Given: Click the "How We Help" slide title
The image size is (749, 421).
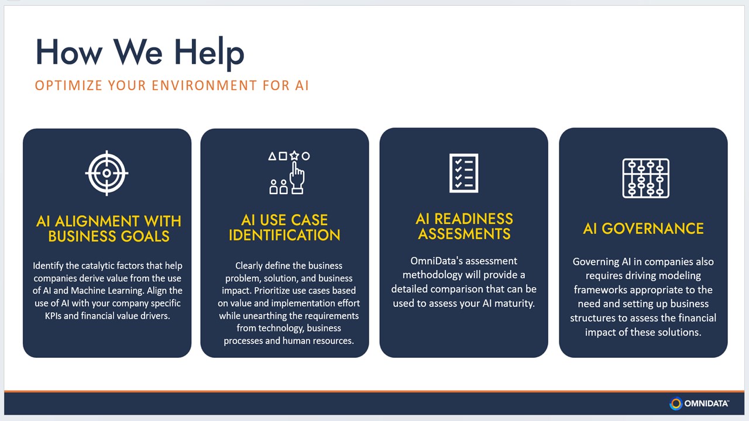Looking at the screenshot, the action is [140, 53].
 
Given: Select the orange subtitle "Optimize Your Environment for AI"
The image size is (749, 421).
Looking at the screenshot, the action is [172, 85].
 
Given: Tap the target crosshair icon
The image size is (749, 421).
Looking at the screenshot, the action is [106, 173].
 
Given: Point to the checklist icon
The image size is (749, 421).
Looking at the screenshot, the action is [464, 173].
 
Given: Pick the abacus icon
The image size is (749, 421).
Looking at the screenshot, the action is [645, 178].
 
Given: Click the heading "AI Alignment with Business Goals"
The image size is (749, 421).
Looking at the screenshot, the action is [109, 229].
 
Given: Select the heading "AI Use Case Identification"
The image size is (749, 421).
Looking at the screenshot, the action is [284, 227].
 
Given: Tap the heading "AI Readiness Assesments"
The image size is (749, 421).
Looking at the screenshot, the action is [465, 226].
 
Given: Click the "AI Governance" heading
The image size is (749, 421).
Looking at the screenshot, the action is [643, 229].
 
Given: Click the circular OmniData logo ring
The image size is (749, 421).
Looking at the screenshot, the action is [676, 403].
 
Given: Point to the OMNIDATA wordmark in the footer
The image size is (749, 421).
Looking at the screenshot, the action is [706, 403].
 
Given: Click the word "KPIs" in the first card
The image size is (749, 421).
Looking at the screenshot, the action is [53, 316].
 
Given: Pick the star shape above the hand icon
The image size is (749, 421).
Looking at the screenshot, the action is [294, 156].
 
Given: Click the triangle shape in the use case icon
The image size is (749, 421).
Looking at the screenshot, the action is [272, 156].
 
